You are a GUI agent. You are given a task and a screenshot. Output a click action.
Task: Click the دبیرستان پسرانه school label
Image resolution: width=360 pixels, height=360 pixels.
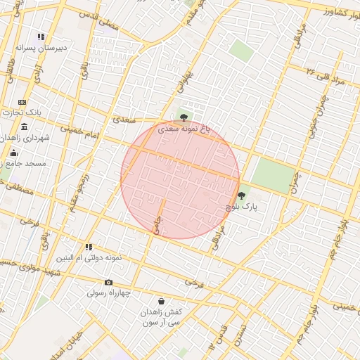coord(41,49)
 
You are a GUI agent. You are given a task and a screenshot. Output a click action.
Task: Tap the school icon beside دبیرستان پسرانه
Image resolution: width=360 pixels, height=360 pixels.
coord(41,37)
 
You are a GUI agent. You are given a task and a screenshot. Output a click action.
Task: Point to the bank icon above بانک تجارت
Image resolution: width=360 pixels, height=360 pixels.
coord(22,102)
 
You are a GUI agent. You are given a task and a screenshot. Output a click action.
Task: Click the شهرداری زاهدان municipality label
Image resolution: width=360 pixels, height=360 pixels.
coord(27,138)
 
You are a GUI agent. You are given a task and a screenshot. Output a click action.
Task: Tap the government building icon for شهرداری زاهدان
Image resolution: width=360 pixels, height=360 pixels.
coord(25,127)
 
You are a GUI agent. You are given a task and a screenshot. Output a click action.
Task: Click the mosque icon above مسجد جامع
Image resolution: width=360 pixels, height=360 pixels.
coord(13,153)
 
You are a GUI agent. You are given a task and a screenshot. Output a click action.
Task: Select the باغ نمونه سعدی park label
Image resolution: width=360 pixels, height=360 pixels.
coord(184,129)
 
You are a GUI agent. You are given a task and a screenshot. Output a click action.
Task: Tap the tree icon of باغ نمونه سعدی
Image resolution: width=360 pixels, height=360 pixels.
coord(184,118)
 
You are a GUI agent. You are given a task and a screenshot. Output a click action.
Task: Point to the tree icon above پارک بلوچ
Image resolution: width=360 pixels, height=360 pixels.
coord(242,195)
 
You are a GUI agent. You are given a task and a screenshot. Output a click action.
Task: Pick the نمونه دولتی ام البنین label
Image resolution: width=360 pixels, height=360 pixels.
coord(89,258)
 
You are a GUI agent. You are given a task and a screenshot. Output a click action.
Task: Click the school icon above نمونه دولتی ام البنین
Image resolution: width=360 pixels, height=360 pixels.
coord(89,247)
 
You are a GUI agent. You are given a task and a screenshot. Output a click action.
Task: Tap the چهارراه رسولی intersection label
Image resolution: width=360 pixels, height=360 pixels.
coord(109,293)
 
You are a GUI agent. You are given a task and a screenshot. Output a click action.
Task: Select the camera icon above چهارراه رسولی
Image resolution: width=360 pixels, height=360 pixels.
coord(108,283)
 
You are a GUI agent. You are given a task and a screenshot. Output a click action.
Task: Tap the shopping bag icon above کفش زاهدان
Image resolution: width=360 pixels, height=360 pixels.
coord(162,301)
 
